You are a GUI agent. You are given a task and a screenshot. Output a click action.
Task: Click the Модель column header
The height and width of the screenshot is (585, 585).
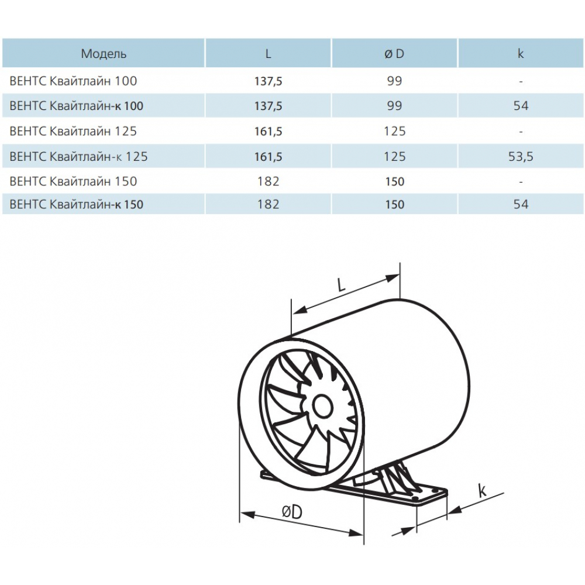tap(104, 54)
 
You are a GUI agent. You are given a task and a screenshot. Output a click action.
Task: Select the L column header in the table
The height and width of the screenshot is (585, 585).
tap(268, 54)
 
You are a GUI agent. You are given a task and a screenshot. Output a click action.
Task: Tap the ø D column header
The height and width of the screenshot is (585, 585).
tap(395, 54)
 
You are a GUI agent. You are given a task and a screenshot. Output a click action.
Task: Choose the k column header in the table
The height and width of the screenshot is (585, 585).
tap(521, 54)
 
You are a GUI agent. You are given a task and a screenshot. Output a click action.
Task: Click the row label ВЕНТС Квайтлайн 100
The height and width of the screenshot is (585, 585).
tap(74, 81)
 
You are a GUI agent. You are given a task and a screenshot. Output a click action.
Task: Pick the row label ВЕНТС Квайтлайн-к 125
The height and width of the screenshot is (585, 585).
tap(79, 156)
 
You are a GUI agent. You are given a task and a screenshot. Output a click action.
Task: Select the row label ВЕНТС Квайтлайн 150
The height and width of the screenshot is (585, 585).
tap(74, 181)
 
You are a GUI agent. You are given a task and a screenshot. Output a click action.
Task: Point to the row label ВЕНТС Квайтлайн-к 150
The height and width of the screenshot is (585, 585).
tap(77, 204)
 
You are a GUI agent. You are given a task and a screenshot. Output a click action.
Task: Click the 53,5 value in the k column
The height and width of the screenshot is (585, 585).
tap(521, 156)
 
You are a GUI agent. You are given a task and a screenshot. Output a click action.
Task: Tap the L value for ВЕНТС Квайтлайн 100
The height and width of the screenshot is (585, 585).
tap(268, 81)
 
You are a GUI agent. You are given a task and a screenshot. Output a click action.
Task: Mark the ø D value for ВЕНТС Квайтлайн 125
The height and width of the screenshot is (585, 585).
tap(395, 131)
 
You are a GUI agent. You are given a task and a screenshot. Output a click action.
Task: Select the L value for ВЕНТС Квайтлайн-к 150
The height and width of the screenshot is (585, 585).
tap(268, 204)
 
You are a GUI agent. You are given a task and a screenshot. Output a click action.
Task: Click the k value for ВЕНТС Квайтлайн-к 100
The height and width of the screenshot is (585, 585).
tap(521, 106)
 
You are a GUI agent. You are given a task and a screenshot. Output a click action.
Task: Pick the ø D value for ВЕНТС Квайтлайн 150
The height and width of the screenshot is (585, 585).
tap(395, 181)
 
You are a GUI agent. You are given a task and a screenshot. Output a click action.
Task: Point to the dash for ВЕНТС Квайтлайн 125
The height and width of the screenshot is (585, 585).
tap(521, 131)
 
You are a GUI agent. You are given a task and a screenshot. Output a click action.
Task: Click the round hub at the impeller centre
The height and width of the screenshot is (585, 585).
tap(321, 405)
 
